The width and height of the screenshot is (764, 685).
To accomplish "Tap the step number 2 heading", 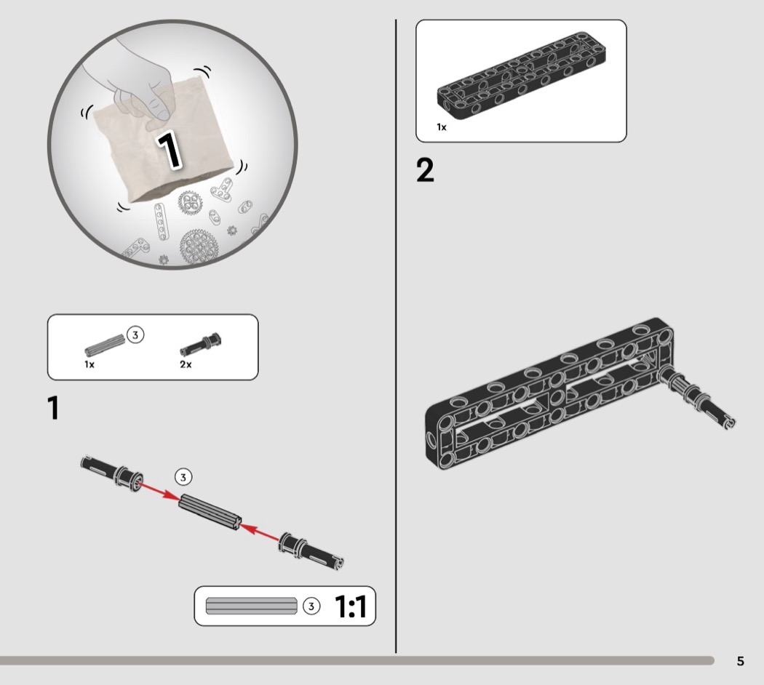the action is [425, 170].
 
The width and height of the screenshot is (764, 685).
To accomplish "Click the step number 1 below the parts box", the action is [54, 407].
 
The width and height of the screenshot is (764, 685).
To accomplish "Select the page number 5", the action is [740, 661].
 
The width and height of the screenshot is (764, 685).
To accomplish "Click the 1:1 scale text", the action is [351, 606].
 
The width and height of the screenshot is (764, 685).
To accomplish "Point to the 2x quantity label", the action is [186, 364].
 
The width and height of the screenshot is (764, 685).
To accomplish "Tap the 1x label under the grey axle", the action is [89, 364].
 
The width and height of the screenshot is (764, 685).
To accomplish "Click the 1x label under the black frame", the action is [442, 127].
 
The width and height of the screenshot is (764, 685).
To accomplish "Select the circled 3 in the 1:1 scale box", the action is [311, 606].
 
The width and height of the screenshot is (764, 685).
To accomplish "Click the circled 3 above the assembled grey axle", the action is [183, 477].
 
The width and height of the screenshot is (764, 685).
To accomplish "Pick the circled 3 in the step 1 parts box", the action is [135, 335].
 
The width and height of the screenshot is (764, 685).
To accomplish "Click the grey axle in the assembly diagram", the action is [210, 512].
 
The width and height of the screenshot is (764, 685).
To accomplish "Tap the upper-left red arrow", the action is [157, 491].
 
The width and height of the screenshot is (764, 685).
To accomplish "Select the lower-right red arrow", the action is [260, 532].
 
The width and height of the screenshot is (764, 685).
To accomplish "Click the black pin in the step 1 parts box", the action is [200, 344].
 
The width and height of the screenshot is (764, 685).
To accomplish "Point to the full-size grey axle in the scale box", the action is [252, 606].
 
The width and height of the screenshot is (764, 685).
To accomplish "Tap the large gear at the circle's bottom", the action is [199, 247].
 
